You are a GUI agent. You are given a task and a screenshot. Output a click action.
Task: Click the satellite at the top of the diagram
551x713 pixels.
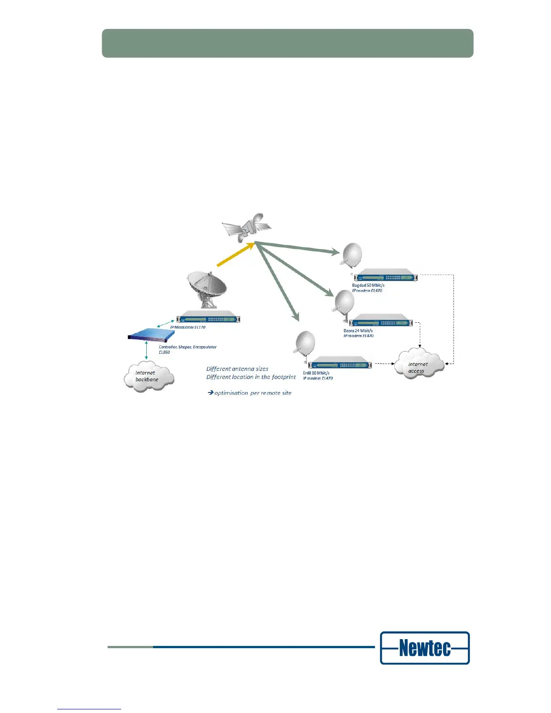pyautogui.click(x=247, y=227)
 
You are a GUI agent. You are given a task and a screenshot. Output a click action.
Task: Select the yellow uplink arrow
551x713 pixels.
pyautogui.click(x=235, y=255)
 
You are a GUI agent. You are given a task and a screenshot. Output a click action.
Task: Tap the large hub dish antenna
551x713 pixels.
pyautogui.click(x=207, y=288)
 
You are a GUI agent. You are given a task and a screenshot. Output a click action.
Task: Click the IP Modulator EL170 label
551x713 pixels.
pyautogui.click(x=188, y=327)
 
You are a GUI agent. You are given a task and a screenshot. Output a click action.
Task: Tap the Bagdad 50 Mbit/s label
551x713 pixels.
pyautogui.click(x=368, y=285)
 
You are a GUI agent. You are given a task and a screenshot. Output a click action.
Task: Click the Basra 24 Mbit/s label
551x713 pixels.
pyautogui.click(x=358, y=331)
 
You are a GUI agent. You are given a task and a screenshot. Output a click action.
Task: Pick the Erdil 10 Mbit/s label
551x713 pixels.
pyautogui.click(x=316, y=373)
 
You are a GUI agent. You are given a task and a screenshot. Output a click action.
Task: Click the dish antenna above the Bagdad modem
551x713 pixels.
pyautogui.click(x=352, y=256)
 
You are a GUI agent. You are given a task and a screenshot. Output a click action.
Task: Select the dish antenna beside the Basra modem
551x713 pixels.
pyautogui.click(x=344, y=303)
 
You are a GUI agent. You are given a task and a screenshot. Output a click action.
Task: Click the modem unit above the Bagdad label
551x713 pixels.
pyautogui.click(x=385, y=275)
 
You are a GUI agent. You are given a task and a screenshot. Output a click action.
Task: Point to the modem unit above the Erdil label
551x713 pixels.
pyautogui.click(x=341, y=363)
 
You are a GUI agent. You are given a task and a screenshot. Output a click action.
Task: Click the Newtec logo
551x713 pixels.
pyautogui.click(x=425, y=648)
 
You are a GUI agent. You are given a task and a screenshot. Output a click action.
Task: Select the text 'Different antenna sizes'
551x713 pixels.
pyautogui.click(x=237, y=369)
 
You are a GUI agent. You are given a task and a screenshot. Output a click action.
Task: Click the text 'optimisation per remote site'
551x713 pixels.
pyautogui.click(x=252, y=393)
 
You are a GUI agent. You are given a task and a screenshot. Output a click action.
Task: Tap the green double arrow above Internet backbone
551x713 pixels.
pyautogui.click(x=146, y=350)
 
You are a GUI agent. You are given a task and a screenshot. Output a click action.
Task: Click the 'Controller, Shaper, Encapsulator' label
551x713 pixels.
pyautogui.click(x=188, y=347)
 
